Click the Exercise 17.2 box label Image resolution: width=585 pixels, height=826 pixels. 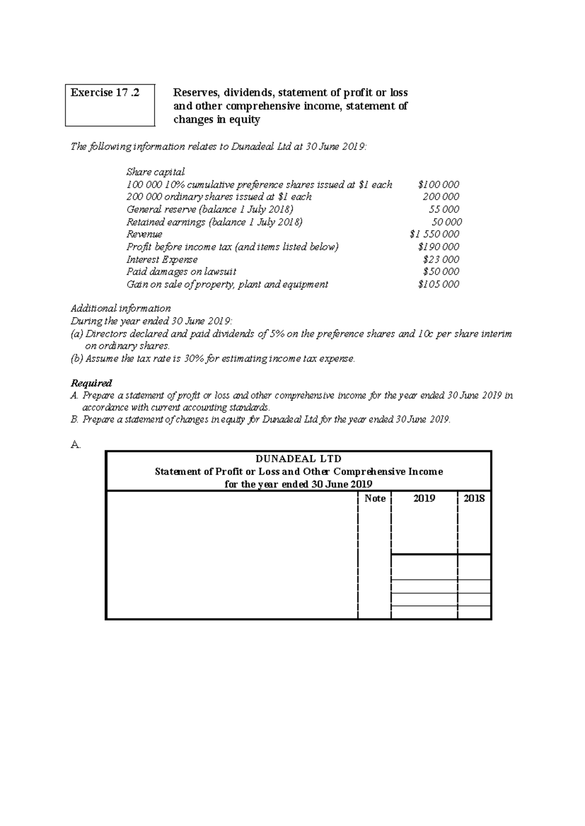pyautogui.click(x=105, y=93)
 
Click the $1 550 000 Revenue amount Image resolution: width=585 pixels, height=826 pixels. pyautogui.click(x=435, y=234)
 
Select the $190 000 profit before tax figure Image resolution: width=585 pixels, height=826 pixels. pyautogui.click(x=438, y=247)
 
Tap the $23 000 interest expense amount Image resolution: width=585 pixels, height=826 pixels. pyautogui.click(x=441, y=260)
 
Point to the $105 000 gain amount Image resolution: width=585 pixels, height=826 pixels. pyautogui.click(x=438, y=284)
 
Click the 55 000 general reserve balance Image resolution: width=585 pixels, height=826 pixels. pyautogui.click(x=443, y=209)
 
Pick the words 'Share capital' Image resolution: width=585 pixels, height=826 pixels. pyautogui.click(x=156, y=172)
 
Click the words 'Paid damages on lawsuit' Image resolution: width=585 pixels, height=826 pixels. pyautogui.click(x=181, y=272)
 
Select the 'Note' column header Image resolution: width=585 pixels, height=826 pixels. pyautogui.click(x=375, y=498)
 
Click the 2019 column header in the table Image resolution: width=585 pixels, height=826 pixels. pyautogui.click(x=424, y=498)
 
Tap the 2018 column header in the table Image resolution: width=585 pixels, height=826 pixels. pyautogui.click(x=474, y=498)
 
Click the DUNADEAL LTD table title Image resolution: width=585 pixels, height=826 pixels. pyautogui.click(x=298, y=459)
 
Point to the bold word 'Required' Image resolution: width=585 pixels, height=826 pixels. pyautogui.click(x=92, y=383)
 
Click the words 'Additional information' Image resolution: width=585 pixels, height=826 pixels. pyautogui.click(x=121, y=308)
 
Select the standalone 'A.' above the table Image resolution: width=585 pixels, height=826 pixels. pyautogui.click(x=76, y=444)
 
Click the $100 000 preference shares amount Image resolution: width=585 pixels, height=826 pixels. pyautogui.click(x=438, y=185)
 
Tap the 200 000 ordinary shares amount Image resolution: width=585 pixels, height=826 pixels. pyautogui.click(x=441, y=197)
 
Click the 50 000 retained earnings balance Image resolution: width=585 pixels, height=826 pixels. pyautogui.click(x=447, y=222)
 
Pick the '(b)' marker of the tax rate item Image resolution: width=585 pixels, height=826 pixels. pyautogui.click(x=77, y=359)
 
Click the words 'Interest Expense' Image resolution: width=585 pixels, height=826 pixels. pyautogui.click(x=162, y=260)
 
